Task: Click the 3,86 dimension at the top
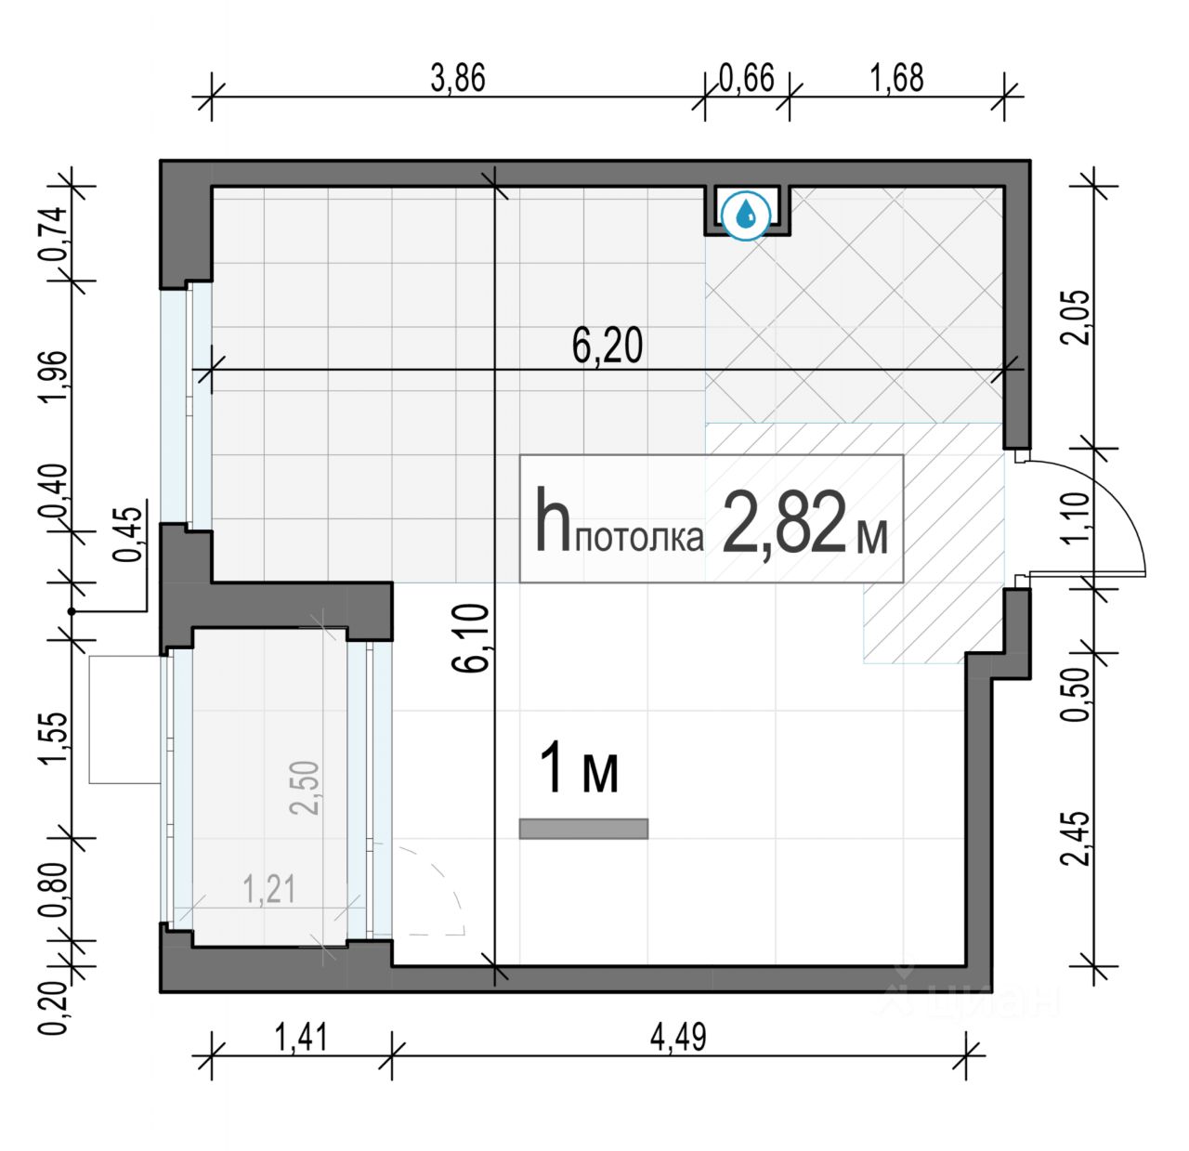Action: point(458,79)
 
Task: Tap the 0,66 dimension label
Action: point(747,78)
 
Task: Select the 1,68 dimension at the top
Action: point(896,78)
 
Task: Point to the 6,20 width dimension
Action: point(608,347)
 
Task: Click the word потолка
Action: point(640,539)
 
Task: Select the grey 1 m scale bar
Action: point(583,829)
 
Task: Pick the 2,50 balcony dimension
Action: point(305,788)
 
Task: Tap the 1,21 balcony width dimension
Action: point(269,890)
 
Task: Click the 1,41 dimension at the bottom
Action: point(302,1038)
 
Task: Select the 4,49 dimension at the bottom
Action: point(678,1038)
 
